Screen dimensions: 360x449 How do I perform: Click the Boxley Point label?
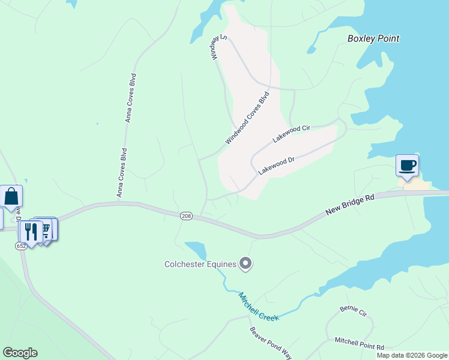click(x=373, y=39)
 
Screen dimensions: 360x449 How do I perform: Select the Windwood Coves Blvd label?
click(x=248, y=118)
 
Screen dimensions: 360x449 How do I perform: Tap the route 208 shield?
click(x=186, y=215)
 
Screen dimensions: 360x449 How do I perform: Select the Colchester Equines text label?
click(x=200, y=263)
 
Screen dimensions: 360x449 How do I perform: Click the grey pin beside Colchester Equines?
click(x=245, y=263)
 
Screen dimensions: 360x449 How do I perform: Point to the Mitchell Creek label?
click(x=259, y=306)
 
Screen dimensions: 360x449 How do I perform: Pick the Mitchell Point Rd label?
click(x=360, y=343)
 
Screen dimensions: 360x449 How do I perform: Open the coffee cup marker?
click(x=407, y=165)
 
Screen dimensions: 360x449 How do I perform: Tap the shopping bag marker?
click(x=11, y=196)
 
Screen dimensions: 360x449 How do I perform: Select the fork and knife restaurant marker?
click(x=31, y=232)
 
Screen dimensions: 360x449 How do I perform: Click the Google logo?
click(x=20, y=353)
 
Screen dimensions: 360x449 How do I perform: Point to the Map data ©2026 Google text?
click(x=411, y=355)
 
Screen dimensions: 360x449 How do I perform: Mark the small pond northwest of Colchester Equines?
click(x=196, y=248)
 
